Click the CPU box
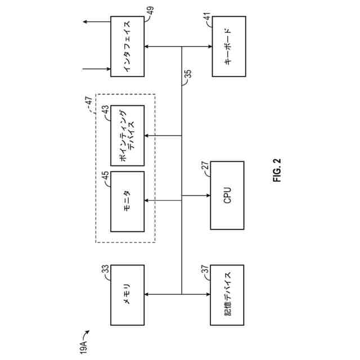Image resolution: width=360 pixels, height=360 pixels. click(x=227, y=195)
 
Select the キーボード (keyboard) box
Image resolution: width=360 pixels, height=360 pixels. click(x=228, y=47)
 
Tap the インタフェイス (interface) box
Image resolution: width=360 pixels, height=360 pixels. click(x=127, y=47)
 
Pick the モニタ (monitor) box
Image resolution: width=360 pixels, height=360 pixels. click(x=127, y=201)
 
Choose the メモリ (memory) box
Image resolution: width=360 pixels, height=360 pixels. click(x=127, y=295)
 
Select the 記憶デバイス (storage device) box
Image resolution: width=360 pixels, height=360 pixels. click(x=227, y=295)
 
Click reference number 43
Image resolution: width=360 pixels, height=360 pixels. click(x=105, y=109)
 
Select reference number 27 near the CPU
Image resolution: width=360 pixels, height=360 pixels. click(x=205, y=165)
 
